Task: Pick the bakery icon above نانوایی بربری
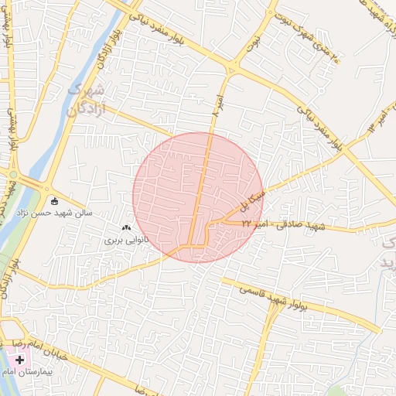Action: pos(126,228)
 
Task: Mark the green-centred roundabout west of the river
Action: pos(13,175)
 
